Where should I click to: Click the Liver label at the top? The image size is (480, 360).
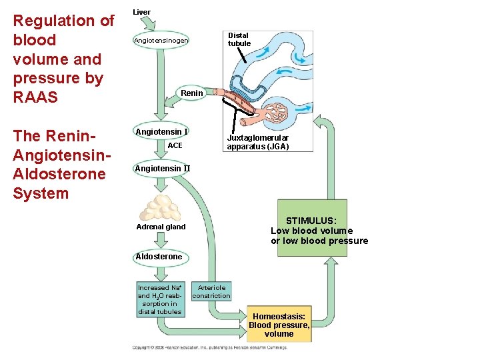pyautogui.click(x=141, y=12)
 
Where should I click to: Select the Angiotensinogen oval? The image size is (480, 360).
pyautogui.click(x=161, y=41)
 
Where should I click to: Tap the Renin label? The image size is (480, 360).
pyautogui.click(x=192, y=93)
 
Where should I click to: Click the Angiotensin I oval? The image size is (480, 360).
pyautogui.click(x=161, y=131)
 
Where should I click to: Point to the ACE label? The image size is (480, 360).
pyautogui.click(x=175, y=145)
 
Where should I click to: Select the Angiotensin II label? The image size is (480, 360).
pyautogui.click(x=162, y=169)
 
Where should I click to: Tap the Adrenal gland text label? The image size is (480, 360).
pyautogui.click(x=161, y=227)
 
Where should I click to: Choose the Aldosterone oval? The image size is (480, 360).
pyautogui.click(x=159, y=257)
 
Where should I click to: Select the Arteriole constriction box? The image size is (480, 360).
pyautogui.click(x=211, y=291)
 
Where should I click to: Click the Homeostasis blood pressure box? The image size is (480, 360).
pyautogui.click(x=279, y=325)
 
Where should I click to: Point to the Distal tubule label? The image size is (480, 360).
pyautogui.click(x=239, y=39)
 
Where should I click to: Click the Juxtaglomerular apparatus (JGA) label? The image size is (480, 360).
pyautogui.click(x=257, y=142)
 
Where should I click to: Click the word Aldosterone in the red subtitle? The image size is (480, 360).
pyautogui.click(x=59, y=174)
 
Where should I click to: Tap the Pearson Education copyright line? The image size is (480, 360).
pyautogui.click(x=209, y=347)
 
